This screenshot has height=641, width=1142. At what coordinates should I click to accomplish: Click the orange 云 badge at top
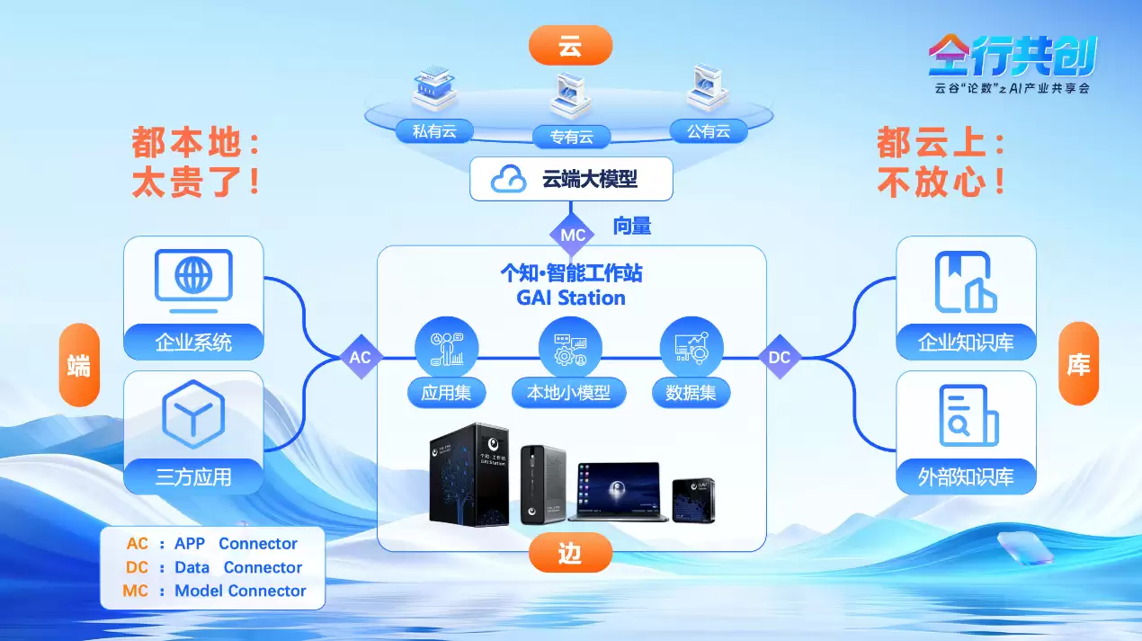570,46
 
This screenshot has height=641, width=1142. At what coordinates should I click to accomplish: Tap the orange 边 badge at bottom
570,552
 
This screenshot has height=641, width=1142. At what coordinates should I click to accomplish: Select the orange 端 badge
79,365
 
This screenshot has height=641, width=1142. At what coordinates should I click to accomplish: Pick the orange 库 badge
1078,364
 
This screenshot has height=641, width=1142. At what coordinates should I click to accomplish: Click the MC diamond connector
573,235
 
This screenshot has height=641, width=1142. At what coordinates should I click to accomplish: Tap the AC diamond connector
360,357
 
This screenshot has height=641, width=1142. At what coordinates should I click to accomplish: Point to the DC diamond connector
779,357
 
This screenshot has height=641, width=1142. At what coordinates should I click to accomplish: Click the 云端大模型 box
571,179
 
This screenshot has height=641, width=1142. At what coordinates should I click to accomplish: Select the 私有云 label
434,131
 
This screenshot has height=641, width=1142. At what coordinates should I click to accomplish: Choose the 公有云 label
709,131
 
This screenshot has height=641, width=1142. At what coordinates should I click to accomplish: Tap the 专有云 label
571,138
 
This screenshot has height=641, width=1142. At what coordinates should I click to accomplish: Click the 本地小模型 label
568,393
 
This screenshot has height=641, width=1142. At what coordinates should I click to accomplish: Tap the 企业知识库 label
965,343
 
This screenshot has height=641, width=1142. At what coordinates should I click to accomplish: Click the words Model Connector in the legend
240,591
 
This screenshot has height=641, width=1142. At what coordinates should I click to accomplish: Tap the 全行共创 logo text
1012,57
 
